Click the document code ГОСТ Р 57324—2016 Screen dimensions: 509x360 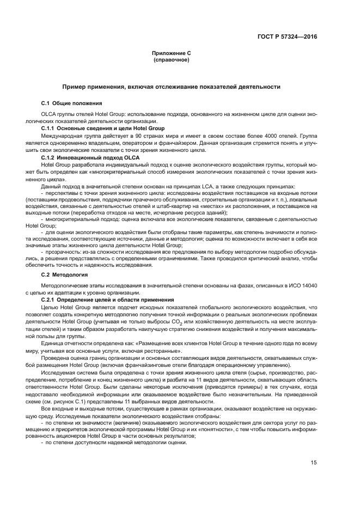[x=286, y=37]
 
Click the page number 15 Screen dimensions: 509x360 [x=314, y=462]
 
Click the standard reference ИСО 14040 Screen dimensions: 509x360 [x=302, y=285]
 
